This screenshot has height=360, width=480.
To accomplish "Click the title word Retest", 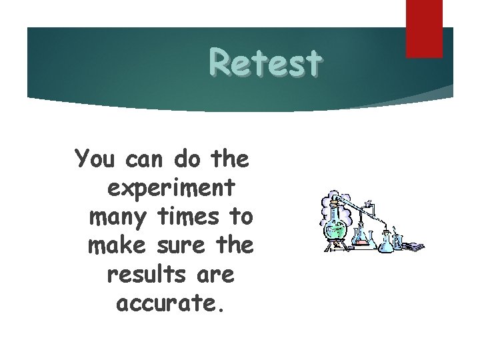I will pos(265,63).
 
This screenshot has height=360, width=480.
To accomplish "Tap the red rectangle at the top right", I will pos(424,28).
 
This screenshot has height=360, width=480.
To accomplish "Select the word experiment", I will pos(171,189).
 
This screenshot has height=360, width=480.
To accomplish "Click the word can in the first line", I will pos(148,159).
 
